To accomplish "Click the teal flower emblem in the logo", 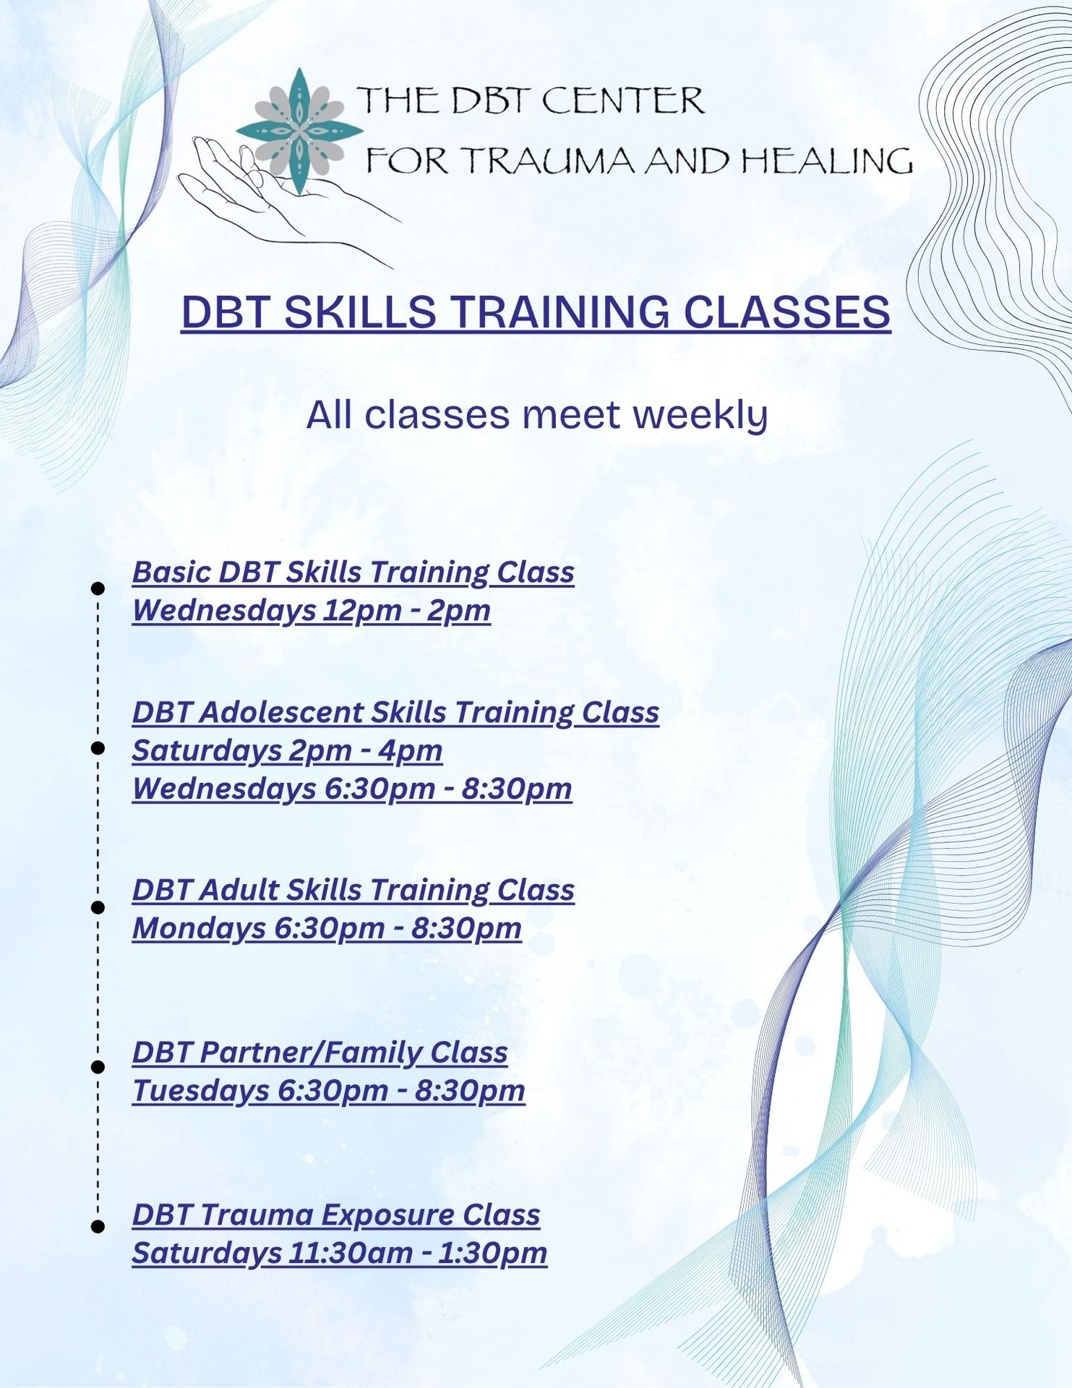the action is click(299, 131).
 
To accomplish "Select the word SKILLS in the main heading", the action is click(359, 312).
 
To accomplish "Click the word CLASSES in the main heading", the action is click(786, 312).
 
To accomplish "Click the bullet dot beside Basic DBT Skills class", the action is click(98, 588).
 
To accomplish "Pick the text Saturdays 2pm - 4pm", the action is click(287, 751).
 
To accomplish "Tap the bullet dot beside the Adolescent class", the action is click(98, 747).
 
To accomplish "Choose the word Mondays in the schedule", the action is click(199, 929).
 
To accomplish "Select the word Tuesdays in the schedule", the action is click(200, 1091).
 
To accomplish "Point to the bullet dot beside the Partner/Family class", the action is click(98, 1066).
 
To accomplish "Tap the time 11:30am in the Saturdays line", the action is click(350, 1253).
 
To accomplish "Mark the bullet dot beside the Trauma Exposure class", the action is click(98, 1226).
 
